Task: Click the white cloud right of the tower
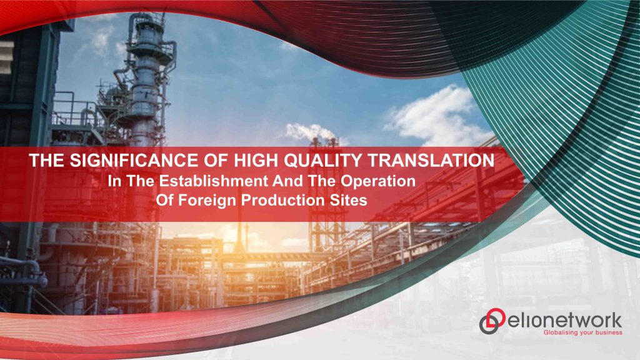tap(431, 116)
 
